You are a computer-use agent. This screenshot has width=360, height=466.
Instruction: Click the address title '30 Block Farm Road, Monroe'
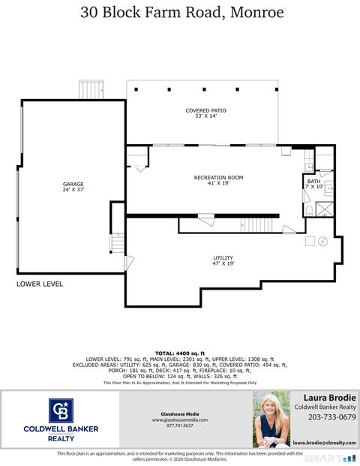[180, 13]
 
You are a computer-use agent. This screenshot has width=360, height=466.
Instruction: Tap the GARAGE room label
[73, 187]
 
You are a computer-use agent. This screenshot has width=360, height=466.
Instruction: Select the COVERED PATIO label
[205, 113]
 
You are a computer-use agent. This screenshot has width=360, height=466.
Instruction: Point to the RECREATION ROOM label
[218, 180]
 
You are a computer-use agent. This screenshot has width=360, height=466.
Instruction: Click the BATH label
[313, 184]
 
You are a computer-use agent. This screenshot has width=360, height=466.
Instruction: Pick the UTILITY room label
[223, 260]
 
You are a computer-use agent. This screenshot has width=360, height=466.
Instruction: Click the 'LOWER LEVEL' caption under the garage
[40, 284]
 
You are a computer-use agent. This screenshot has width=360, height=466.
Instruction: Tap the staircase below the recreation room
[259, 224]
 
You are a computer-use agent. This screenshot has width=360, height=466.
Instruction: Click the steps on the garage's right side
[118, 243]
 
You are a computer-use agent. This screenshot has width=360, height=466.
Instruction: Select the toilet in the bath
[309, 211]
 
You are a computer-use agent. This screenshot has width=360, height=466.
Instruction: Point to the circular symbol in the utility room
[323, 241]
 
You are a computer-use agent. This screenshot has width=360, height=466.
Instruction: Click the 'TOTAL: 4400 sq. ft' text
[180, 353]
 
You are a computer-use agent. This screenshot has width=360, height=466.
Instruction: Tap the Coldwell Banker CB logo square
[61, 411]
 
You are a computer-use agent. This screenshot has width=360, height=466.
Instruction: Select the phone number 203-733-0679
[325, 417]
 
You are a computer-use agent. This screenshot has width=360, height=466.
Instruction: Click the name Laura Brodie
[329, 397]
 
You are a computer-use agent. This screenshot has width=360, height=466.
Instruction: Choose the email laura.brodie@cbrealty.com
[324, 443]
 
